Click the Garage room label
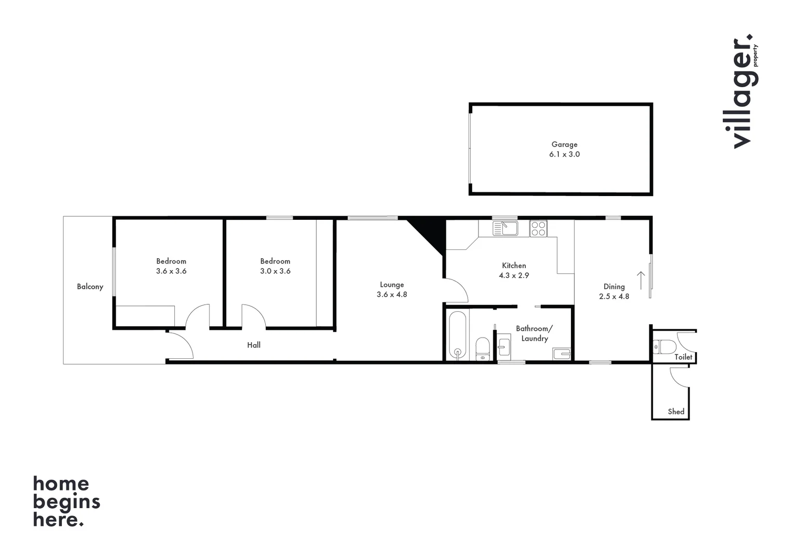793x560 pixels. [564, 145]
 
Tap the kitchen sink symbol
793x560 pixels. [505, 228]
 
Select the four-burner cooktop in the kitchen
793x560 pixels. [538, 228]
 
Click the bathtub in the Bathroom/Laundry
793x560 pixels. [457, 335]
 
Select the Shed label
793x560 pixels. [676, 412]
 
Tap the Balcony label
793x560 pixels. [90, 287]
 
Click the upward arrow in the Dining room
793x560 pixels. [641, 280]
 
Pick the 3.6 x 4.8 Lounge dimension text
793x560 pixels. [392, 295]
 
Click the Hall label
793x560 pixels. [254, 345]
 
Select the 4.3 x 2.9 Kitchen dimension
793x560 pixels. [514, 275]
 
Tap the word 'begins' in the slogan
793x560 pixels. [66, 502]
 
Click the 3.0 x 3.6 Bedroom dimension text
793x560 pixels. [275, 271]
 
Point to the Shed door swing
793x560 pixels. [679, 376]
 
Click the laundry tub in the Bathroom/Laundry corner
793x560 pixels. [562, 354]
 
